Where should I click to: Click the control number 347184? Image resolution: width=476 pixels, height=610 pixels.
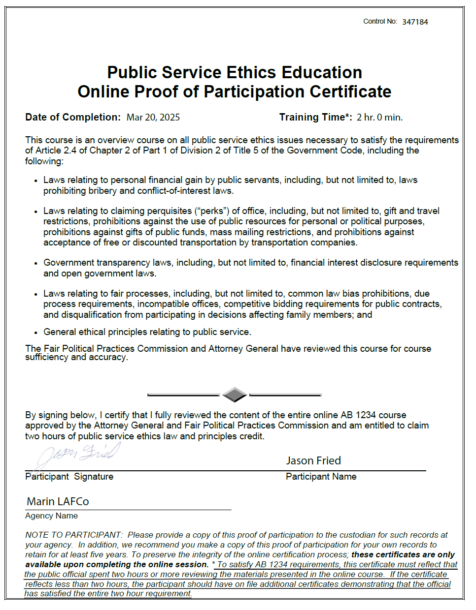(x=415, y=22)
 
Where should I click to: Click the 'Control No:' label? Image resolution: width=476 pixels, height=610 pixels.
(x=380, y=22)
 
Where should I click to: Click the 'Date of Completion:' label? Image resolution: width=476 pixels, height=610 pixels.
(x=73, y=118)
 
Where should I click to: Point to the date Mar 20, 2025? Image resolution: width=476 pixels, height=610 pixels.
(x=153, y=118)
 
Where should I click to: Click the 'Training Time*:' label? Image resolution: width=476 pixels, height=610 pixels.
(x=315, y=118)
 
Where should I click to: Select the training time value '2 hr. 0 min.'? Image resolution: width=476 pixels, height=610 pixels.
(x=379, y=118)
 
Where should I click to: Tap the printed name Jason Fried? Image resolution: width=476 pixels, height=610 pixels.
(x=313, y=461)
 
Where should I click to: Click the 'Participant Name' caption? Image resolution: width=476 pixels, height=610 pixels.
(x=321, y=477)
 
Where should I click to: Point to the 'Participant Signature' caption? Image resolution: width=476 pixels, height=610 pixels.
(x=69, y=477)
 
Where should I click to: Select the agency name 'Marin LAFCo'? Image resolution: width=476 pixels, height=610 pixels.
(x=58, y=502)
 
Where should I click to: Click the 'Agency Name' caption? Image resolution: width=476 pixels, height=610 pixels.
(x=51, y=516)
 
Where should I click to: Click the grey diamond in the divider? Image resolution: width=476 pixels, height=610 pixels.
(x=235, y=395)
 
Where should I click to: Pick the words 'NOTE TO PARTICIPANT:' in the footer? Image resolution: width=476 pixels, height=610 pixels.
(x=74, y=535)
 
